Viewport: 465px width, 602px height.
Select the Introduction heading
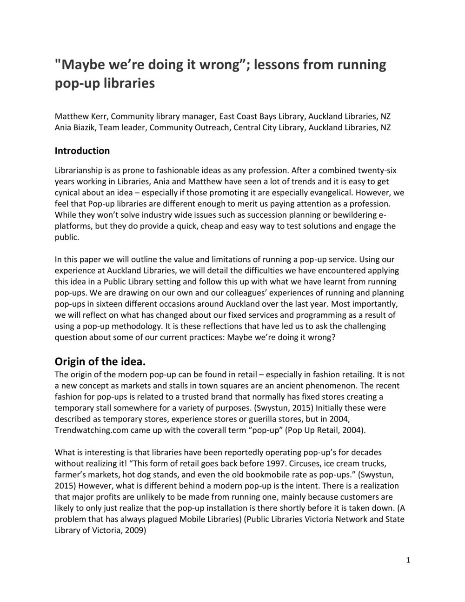(82, 151)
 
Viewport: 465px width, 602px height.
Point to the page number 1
(408, 560)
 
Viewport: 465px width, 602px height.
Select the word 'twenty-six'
(378, 170)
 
